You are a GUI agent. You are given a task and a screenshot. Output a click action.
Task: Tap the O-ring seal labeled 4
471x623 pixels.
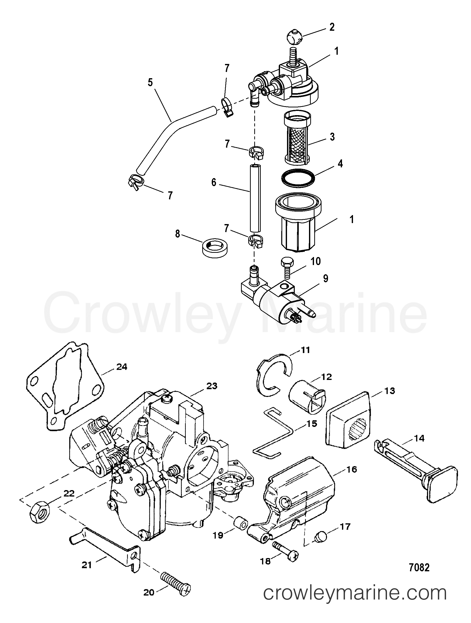pos(298,178)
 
